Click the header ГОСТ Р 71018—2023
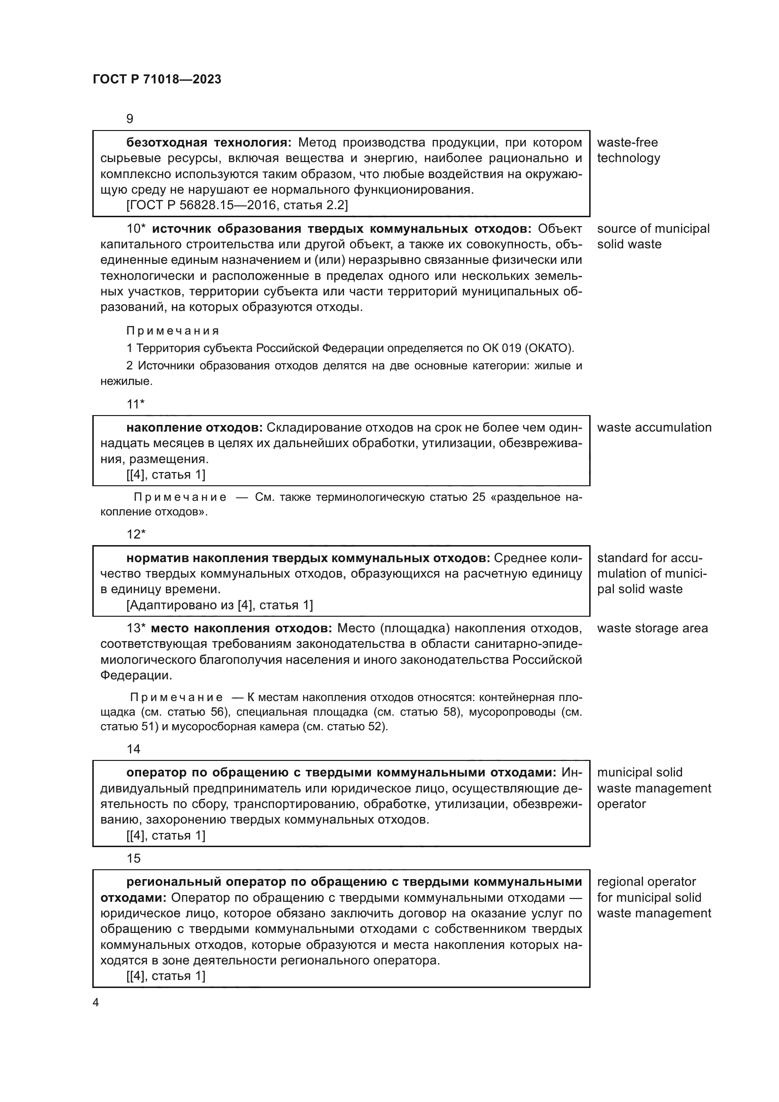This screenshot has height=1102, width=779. (157, 79)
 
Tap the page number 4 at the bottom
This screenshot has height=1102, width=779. (96, 1002)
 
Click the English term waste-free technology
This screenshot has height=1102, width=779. (628, 150)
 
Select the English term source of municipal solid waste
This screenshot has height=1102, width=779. (652, 236)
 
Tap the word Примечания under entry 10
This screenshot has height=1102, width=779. (173, 331)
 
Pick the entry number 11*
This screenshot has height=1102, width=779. (135, 404)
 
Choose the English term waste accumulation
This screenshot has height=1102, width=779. (654, 428)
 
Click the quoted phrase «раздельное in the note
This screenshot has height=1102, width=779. (525, 497)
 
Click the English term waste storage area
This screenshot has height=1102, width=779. (652, 629)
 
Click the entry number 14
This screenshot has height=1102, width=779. (133, 749)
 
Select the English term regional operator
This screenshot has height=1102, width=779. (646, 882)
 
